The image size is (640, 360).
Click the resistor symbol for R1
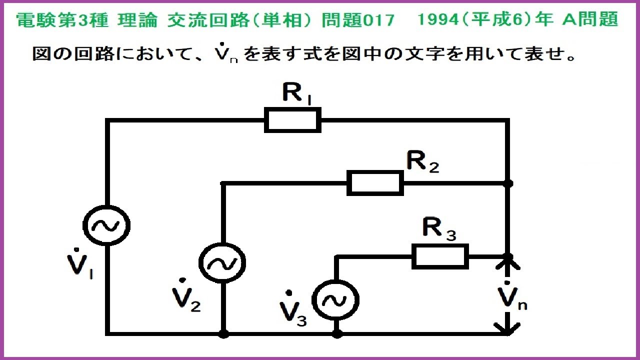tap(292, 120)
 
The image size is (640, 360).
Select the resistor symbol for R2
tap(375, 183)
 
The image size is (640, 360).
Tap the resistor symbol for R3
tap(440, 256)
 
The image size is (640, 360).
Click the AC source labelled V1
tap(106, 226)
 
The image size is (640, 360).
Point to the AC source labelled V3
tap(336, 300)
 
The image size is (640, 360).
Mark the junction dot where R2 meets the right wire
tap(508, 183)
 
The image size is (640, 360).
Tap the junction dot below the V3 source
tap(337, 333)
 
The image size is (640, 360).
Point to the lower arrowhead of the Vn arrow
tap(508, 328)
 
